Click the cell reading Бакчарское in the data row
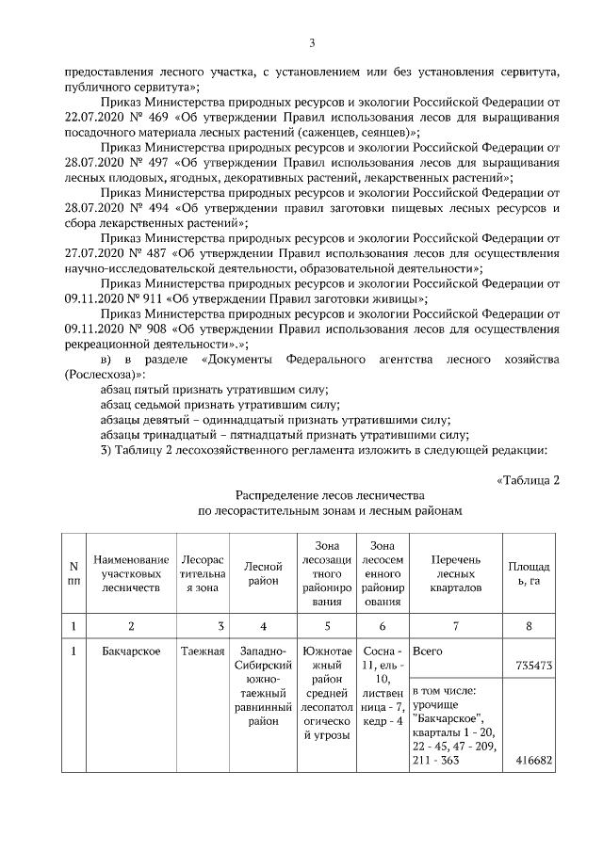[x=131, y=650]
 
